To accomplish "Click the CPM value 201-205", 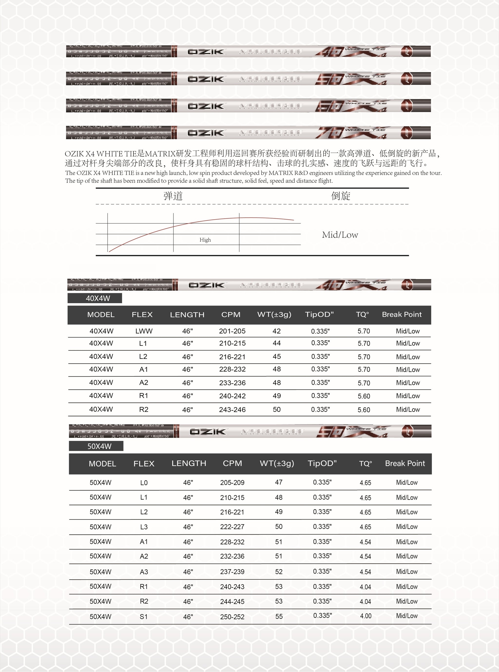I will (232, 331).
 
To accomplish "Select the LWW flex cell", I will (144, 331).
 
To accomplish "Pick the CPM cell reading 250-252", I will (232, 617).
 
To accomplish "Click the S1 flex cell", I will (144, 617).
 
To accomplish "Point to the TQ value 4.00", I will (365, 616).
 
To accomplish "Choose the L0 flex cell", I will (144, 483).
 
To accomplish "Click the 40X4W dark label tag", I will (95, 298).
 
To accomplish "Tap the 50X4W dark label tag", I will (96, 446).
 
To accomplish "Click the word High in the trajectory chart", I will (205, 240).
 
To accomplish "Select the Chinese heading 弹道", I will (173, 196).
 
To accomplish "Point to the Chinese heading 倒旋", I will (340, 196).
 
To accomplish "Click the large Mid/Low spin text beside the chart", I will (340, 235).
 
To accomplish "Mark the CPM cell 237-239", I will (232, 572).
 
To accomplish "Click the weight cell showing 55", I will (279, 617).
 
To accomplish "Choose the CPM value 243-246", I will (232, 410).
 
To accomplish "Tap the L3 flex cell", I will (144, 527).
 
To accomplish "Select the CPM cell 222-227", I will (232, 527).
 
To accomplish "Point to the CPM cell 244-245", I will (232, 602).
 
